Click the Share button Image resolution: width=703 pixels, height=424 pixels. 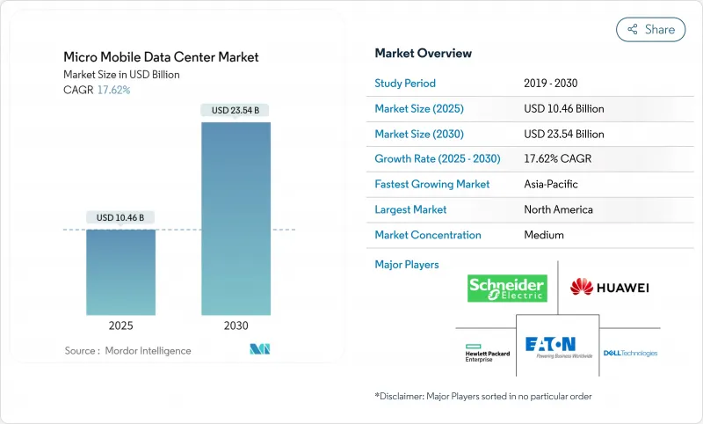pyautogui.click(x=650, y=29)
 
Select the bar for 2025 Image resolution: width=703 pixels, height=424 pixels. pyautogui.click(x=120, y=272)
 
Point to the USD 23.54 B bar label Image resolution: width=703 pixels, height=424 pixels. pyautogui.click(x=236, y=111)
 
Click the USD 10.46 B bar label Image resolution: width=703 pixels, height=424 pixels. pyautogui.click(x=120, y=217)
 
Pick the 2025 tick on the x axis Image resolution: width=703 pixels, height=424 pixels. pyautogui.click(x=120, y=325)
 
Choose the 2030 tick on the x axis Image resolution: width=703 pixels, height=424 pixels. pyautogui.click(x=236, y=325)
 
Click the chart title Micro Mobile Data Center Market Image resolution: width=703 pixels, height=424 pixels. pyautogui.click(x=161, y=57)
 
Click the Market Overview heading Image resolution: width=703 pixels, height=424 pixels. pyautogui.click(x=423, y=54)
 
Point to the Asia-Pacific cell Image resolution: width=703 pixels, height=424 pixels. pyautogui.click(x=551, y=185)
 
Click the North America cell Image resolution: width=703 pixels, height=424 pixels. pyautogui.click(x=558, y=209)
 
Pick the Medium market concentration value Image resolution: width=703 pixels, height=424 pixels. pyautogui.click(x=544, y=235)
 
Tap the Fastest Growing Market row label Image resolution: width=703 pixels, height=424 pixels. pyautogui.click(x=431, y=185)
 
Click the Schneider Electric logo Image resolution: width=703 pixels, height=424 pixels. pyautogui.click(x=507, y=289)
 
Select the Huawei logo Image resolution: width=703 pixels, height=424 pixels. pyautogui.click(x=609, y=287)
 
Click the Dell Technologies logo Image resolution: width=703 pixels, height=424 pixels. pyautogui.click(x=630, y=353)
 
